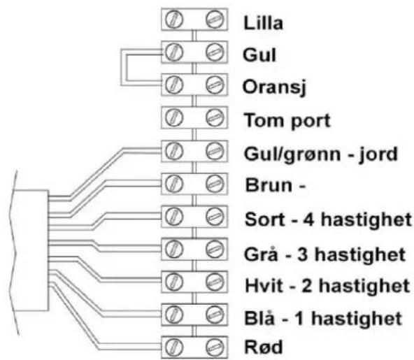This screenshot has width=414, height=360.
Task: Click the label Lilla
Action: click(263, 23)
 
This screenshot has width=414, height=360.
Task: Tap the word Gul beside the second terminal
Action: click(259, 55)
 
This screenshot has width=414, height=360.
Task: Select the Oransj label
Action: click(274, 88)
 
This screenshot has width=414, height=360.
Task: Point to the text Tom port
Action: click(287, 121)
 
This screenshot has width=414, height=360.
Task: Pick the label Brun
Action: click(269, 185)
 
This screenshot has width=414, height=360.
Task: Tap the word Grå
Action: click(261, 254)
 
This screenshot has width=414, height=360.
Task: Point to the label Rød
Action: click(264, 347)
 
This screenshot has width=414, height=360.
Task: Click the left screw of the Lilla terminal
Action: click(174, 20)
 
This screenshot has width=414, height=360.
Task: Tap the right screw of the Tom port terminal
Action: click(215, 117)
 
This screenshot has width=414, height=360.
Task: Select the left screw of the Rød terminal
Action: click(174, 347)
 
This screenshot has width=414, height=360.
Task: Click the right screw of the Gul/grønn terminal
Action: click(215, 151)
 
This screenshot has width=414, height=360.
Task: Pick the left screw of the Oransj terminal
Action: click(174, 85)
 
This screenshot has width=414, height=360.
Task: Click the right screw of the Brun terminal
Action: click(215, 184)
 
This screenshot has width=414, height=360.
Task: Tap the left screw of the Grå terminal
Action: click(174, 250)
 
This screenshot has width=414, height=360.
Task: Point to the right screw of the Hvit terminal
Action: click(215, 282)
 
